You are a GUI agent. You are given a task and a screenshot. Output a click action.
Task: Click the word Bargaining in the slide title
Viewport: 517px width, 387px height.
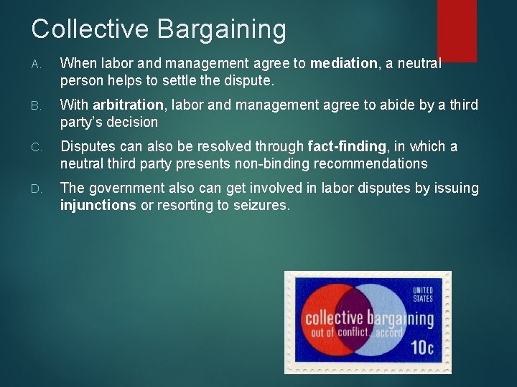(x=221, y=30)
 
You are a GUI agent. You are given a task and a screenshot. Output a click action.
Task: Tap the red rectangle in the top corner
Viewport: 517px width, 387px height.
(x=457, y=30)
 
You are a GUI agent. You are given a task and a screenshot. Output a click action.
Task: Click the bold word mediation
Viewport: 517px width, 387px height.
(x=343, y=63)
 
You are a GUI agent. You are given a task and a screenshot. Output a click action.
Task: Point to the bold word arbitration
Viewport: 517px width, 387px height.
(x=129, y=105)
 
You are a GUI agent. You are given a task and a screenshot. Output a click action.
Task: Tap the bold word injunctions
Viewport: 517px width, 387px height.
(x=98, y=206)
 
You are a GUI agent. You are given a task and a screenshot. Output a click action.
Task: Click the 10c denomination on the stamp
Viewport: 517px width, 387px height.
(x=421, y=348)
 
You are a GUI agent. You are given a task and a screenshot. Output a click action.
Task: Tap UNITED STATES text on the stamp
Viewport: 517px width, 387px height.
(x=422, y=295)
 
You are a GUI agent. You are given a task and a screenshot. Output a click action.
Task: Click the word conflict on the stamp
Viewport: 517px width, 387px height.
(x=352, y=332)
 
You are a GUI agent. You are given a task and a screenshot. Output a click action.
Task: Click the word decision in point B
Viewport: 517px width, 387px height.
(x=134, y=122)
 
